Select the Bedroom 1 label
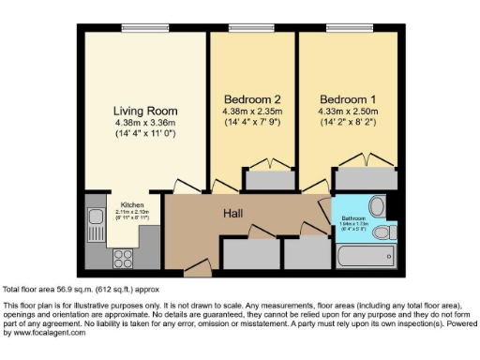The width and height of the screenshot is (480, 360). (x=347, y=98)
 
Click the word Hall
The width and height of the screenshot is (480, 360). (x=234, y=214)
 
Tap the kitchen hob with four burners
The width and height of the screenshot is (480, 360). (x=123, y=258)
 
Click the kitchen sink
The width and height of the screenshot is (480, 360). (x=95, y=222)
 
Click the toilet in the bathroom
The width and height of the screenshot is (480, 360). (x=376, y=205)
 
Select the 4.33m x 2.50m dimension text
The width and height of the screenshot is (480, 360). (x=347, y=112)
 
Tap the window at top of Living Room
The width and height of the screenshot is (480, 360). (x=146, y=26)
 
